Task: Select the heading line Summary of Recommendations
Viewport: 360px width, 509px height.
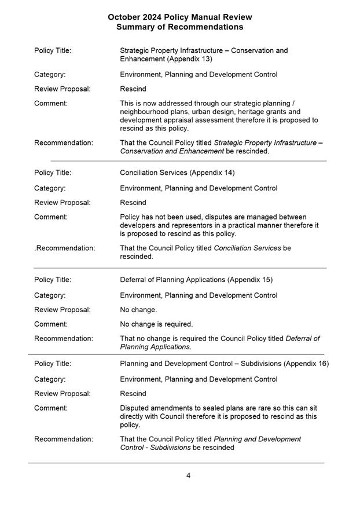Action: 179,27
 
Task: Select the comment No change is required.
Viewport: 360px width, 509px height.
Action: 156,324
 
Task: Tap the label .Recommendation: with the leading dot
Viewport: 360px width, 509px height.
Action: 64,248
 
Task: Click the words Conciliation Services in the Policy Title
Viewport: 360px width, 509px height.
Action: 154,173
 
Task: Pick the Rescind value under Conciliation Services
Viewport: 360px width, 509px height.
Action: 133,203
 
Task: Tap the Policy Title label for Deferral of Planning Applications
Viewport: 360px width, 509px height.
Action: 53,280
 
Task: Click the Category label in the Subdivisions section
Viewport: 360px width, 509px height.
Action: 50,379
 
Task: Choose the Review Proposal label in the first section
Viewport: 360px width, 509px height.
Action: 63,89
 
